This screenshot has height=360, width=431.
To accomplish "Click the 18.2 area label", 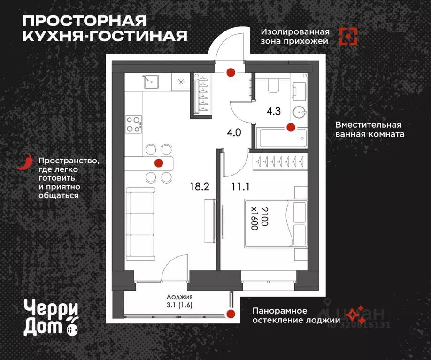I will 200,186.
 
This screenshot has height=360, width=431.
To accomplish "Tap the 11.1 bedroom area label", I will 240,186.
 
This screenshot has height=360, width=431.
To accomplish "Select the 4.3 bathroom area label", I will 274,112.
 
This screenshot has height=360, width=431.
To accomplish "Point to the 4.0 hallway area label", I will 233,132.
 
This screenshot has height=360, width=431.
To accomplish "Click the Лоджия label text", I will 180,297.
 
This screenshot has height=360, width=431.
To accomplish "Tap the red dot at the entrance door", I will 231,72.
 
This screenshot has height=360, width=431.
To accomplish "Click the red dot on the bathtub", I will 291,127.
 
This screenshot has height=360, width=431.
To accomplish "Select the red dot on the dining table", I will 159,163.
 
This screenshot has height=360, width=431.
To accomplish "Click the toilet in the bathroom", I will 273,85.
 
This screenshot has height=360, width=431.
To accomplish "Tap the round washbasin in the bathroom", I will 299,112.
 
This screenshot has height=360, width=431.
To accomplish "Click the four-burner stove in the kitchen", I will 133,124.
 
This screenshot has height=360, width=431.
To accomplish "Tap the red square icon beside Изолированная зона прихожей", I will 348,37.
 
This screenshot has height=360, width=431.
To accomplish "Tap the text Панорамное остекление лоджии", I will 296,315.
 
